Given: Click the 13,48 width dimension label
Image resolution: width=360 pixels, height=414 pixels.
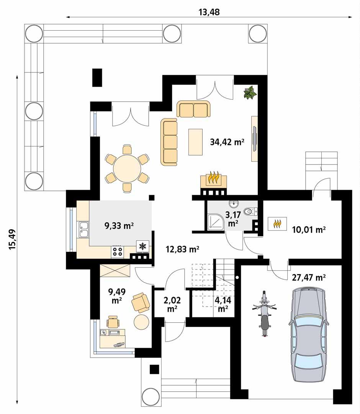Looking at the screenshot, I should coord(209,11).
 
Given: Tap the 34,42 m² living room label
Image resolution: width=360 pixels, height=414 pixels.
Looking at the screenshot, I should coord(227,142).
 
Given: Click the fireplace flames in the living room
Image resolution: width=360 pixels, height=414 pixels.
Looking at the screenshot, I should coord(213,178).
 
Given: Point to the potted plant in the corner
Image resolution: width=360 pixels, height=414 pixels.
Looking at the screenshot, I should coord(250,92).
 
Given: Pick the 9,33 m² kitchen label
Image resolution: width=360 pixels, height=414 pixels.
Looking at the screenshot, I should coord(119,226).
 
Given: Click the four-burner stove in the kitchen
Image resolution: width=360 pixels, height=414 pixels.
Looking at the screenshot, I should coord(117,251).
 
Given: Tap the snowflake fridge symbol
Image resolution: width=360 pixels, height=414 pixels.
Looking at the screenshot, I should coord(142,246).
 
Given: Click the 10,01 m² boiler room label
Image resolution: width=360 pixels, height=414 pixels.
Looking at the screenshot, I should coord(309,230).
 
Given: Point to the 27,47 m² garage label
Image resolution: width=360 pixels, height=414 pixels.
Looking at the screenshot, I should coord(309,278).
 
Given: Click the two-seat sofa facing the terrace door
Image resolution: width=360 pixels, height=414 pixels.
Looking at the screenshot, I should coord(194,109).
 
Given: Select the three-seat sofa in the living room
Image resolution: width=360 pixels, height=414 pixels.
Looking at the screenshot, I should coord(169,142).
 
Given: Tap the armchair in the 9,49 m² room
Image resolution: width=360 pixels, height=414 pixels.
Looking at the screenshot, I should coord(140,302).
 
